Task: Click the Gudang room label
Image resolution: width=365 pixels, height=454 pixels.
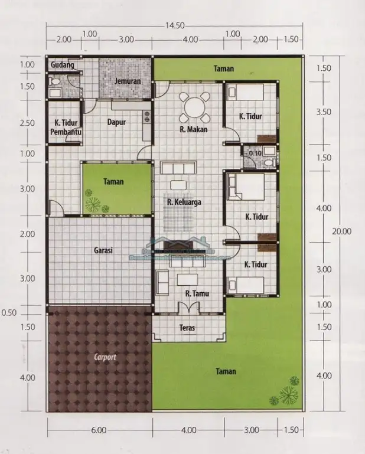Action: tap(62, 65)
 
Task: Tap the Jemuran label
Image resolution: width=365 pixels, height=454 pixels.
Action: tap(127, 80)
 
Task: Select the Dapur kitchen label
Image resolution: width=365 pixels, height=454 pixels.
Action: tap(116, 123)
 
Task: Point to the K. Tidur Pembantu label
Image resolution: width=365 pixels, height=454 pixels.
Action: tap(66, 128)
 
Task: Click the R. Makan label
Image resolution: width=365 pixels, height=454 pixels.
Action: tap(193, 129)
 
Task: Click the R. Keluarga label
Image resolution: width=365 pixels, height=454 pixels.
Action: tap(184, 202)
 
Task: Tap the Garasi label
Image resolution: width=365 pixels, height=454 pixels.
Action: tap(103, 250)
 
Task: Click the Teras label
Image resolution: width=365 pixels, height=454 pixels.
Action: tap(188, 327)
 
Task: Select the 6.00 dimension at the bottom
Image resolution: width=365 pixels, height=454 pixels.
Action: tap(99, 430)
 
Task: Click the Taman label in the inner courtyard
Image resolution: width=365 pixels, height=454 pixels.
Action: tap(113, 182)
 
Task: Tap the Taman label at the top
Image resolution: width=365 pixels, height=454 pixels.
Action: tap(224, 68)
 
